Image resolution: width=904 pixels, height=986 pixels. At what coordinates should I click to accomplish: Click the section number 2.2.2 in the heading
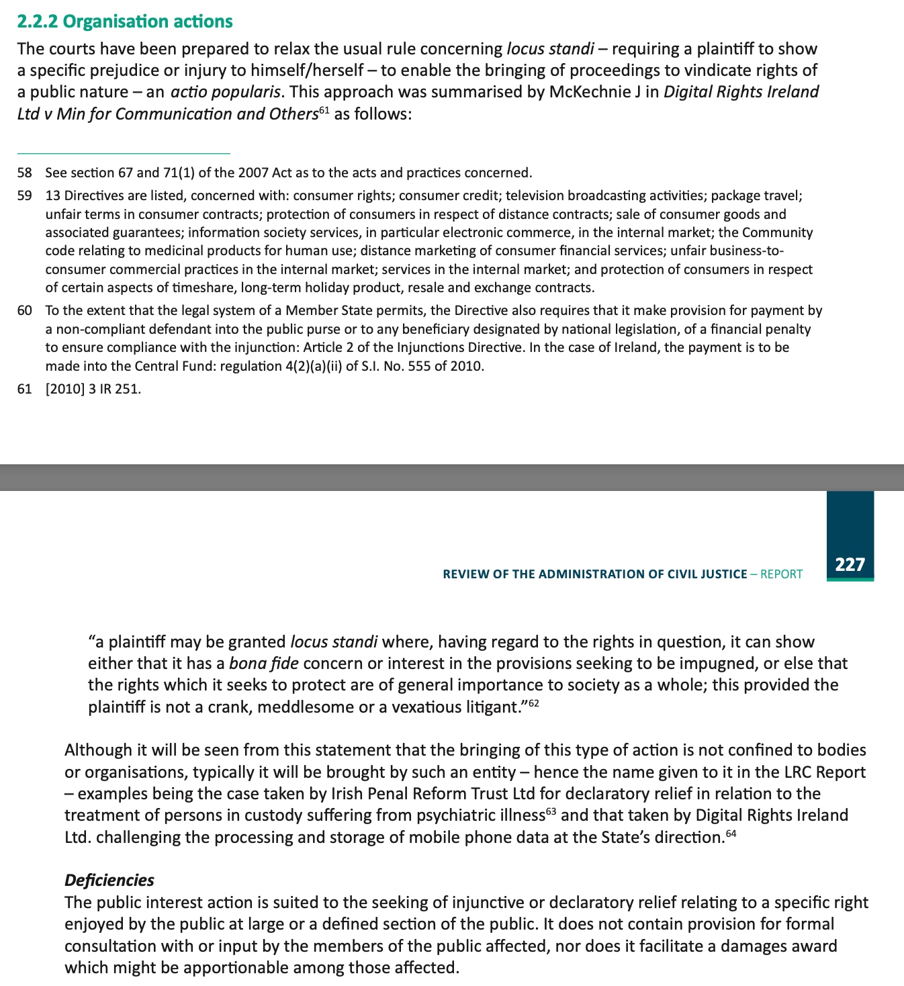click(38, 21)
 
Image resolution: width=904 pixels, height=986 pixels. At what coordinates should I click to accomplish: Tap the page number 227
click(850, 564)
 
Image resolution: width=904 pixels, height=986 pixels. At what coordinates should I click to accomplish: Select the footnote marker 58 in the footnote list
click(25, 173)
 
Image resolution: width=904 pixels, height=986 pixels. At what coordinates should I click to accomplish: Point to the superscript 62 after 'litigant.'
click(533, 703)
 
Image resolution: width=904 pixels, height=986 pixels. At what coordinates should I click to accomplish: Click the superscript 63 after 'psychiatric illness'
click(551, 811)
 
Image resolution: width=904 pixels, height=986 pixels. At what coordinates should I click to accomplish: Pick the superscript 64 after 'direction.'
click(731, 833)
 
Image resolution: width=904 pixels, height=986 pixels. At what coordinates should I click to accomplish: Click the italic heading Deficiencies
click(109, 880)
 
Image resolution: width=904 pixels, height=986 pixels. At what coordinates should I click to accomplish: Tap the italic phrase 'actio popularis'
click(225, 92)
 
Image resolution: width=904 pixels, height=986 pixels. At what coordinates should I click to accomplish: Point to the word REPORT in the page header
click(781, 574)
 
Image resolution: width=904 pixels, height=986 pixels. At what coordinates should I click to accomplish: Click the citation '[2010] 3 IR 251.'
click(93, 389)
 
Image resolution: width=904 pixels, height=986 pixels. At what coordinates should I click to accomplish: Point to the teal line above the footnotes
click(124, 153)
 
